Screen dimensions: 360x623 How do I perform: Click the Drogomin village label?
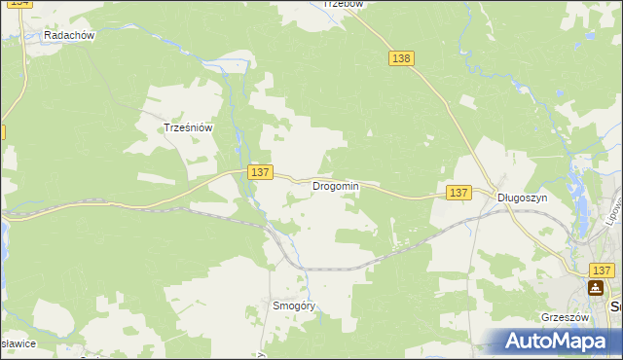pyautogui.click(x=336, y=186)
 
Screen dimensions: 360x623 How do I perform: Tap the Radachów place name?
pyautogui.click(x=68, y=35)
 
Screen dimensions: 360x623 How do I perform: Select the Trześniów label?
pyautogui.click(x=188, y=127)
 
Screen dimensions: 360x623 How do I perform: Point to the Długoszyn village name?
pyautogui.click(x=523, y=197)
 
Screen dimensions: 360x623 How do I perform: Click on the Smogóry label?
pyautogui.click(x=295, y=306)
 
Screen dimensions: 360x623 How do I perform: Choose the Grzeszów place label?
pyautogui.click(x=566, y=317)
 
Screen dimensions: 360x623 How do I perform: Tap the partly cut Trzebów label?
pyautogui.click(x=342, y=4)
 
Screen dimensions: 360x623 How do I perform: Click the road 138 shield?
pyautogui.click(x=401, y=58)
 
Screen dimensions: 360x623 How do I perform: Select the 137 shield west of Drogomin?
pyautogui.click(x=258, y=172)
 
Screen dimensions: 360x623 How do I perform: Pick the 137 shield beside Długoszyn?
pyautogui.click(x=459, y=193)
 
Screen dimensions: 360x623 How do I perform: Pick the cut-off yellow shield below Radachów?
pyautogui.click(x=3, y=130)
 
